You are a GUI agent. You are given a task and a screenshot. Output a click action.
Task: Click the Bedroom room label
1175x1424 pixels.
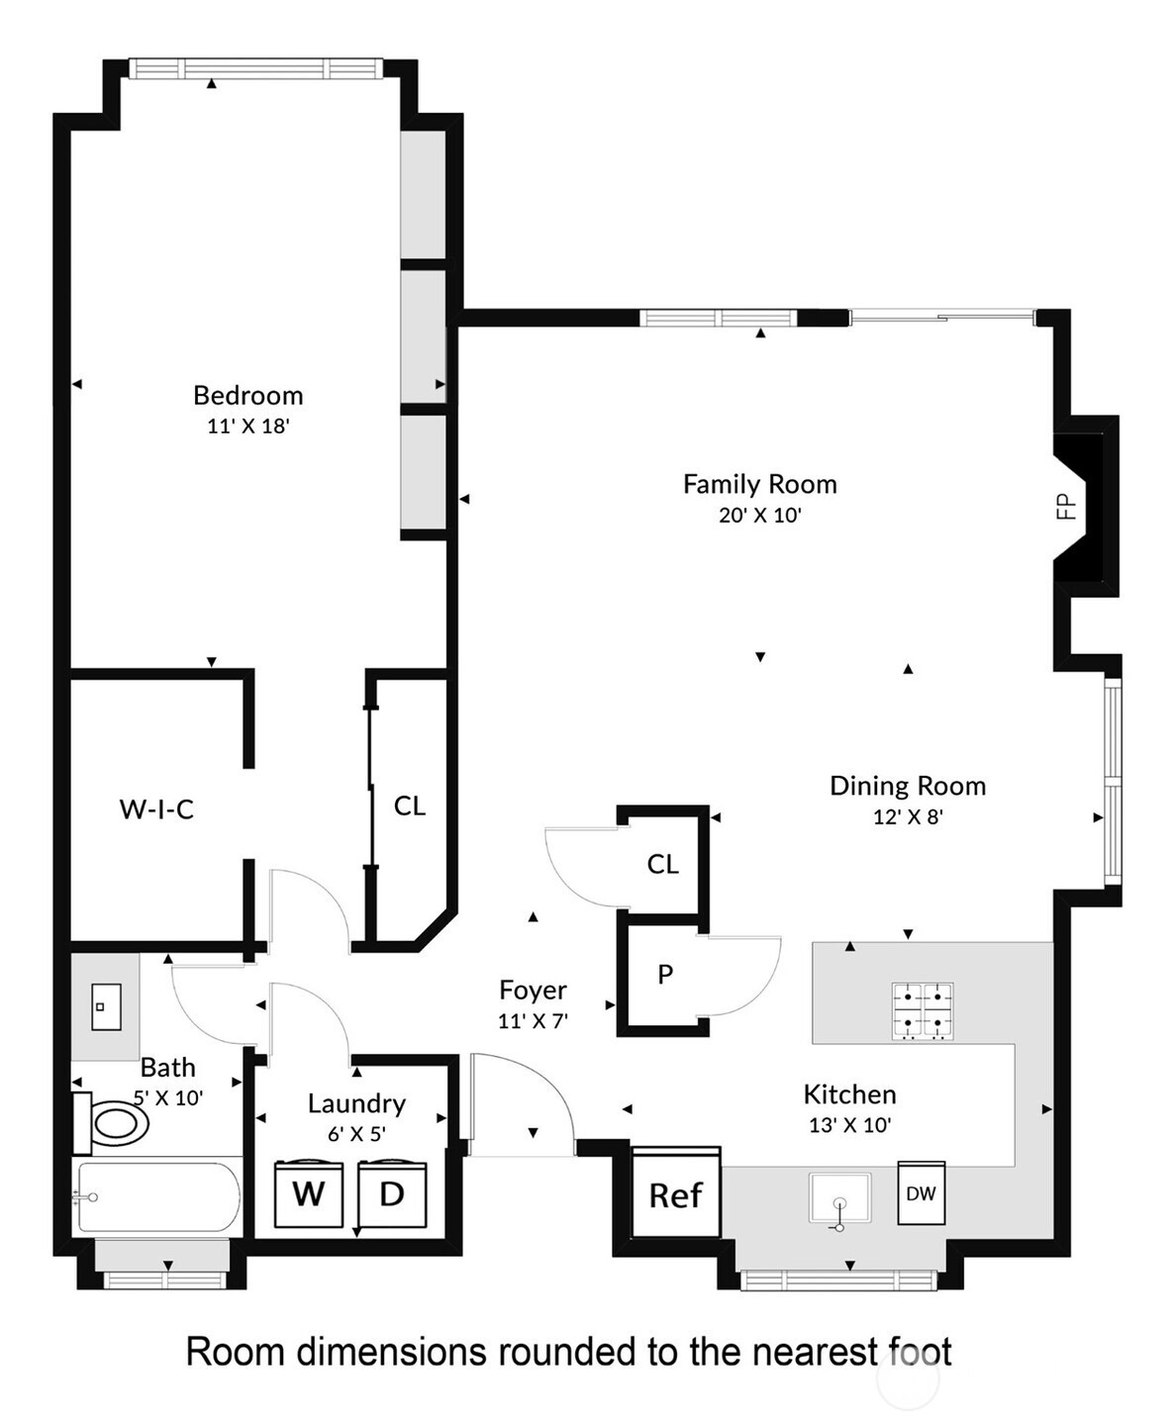(x=247, y=396)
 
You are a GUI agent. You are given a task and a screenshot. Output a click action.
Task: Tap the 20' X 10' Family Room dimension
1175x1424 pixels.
(x=759, y=515)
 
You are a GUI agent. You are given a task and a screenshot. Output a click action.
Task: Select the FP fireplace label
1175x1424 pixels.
(x=1065, y=506)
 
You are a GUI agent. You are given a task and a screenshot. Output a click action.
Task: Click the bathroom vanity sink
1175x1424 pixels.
(x=107, y=1006)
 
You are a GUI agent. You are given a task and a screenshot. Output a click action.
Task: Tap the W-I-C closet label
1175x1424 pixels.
(x=156, y=809)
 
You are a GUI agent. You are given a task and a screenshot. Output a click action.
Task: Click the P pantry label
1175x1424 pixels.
(x=665, y=975)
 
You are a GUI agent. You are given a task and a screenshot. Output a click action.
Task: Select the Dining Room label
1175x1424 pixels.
(x=908, y=787)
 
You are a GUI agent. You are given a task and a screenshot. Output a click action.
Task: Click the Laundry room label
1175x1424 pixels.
(x=356, y=1104)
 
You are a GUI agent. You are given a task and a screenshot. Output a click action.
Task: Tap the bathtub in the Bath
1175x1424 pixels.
(x=156, y=1197)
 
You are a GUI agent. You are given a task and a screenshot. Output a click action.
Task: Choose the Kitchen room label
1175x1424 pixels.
(x=849, y=1094)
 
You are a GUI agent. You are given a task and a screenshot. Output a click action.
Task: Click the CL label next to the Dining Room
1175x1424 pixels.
(x=662, y=865)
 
